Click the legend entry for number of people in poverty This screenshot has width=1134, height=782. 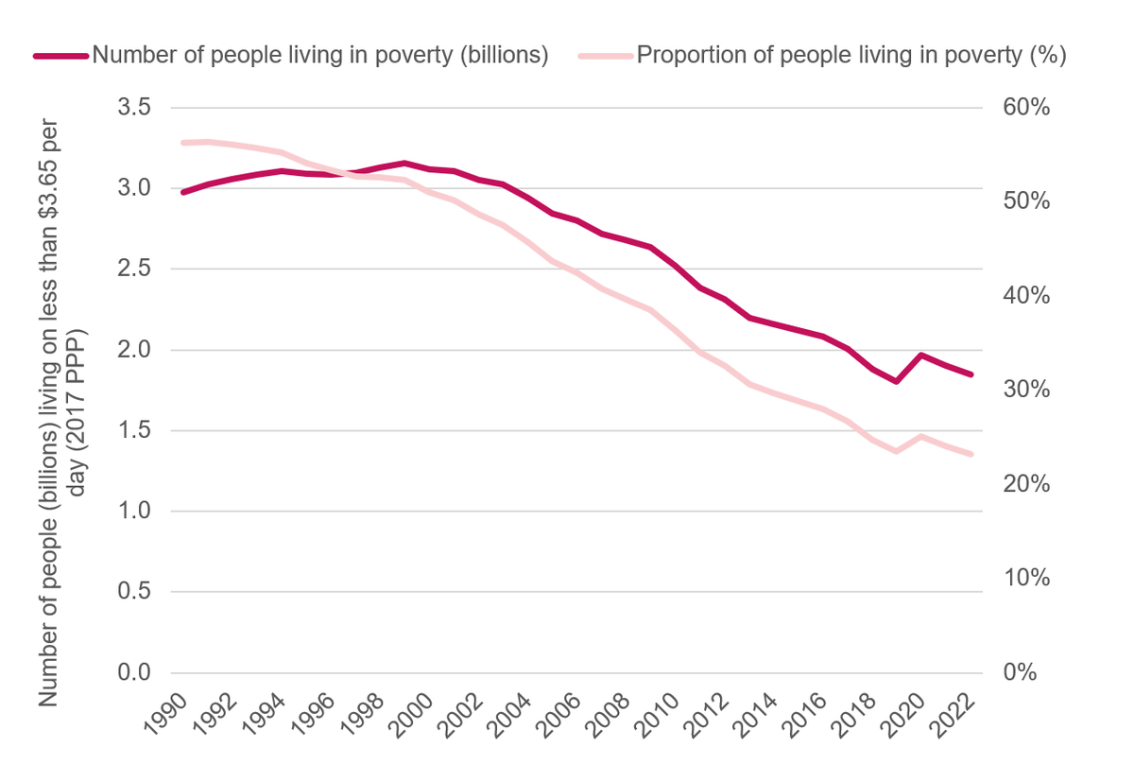[319, 55]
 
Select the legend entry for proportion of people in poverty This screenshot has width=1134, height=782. [850, 55]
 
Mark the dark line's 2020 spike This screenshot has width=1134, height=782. [920, 356]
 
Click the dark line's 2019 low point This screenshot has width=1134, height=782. [896, 381]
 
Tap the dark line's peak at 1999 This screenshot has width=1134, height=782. [404, 164]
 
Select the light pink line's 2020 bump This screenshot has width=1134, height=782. [920, 437]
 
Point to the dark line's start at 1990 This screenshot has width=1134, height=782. [183, 192]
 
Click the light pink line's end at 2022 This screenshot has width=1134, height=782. [971, 455]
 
